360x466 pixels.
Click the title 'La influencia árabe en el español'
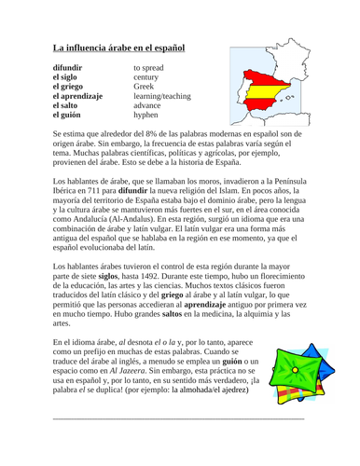click(x=119, y=48)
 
